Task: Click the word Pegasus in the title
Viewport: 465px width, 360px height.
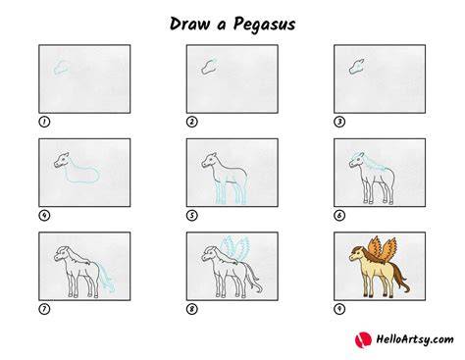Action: pos(264,26)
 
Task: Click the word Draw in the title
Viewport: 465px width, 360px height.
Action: pos(189,24)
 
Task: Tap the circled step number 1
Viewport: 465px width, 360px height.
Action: pos(44,122)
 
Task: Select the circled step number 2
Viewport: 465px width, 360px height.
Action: pos(192,122)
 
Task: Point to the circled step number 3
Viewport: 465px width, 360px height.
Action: pos(339,122)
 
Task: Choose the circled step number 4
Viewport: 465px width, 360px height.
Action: pos(44,216)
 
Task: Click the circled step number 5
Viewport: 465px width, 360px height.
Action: pos(192,216)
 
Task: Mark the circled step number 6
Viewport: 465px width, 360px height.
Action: pos(339,216)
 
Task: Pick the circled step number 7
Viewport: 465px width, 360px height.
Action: pos(44,309)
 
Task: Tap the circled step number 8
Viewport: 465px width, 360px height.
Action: pos(192,309)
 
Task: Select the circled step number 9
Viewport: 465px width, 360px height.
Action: pos(339,309)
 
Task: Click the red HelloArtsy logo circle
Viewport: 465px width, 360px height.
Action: pos(363,339)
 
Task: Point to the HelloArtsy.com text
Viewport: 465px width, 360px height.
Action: pos(415,339)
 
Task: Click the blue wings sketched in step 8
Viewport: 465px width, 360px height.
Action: pos(234,247)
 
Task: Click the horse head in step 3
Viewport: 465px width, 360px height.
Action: pos(357,67)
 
